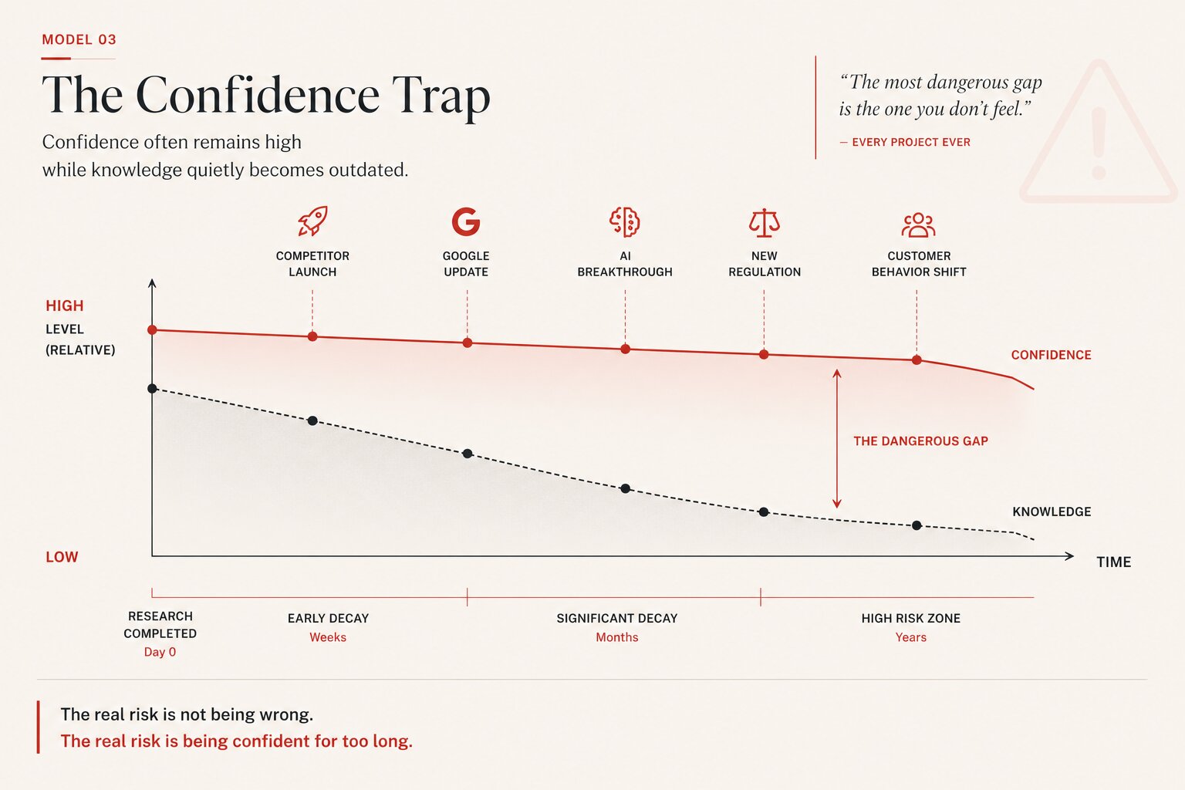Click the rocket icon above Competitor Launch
coord(312,221)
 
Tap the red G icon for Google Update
coord(466,221)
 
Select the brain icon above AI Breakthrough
coord(625,221)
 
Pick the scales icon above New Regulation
coord(765,223)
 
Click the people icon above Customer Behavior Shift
coord(918,225)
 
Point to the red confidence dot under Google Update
coord(467,343)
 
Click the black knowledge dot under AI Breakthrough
coord(626,488)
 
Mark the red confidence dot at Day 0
coord(152,330)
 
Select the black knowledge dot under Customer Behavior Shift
coord(917,525)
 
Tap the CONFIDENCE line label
coord(1052,355)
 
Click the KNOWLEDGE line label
coord(1052,511)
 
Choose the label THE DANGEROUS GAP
coord(920,441)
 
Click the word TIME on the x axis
coord(1113,562)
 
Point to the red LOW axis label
coord(62,557)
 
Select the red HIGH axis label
coord(65,306)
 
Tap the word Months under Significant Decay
coord(617,637)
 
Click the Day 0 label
coord(160,652)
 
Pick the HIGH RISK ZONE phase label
coord(910,618)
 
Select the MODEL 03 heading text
coord(79,39)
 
